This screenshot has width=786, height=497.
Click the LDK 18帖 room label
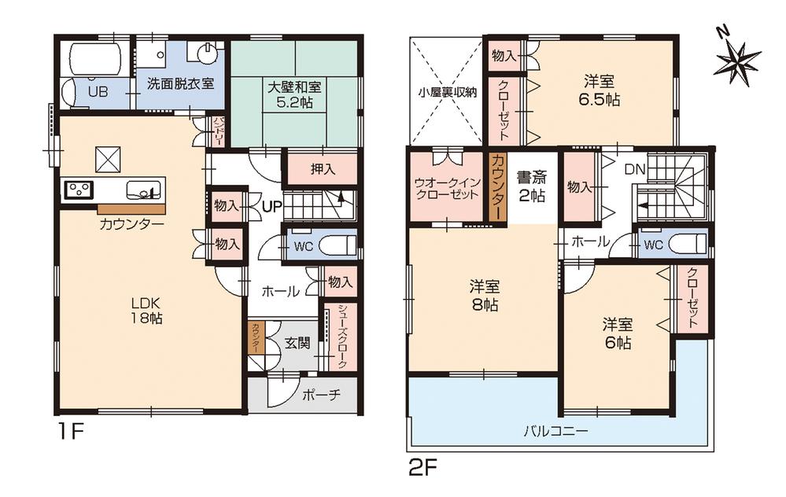click(x=146, y=311)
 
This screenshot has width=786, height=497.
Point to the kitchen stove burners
click(x=79, y=190)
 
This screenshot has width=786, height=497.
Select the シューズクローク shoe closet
click(x=342, y=337)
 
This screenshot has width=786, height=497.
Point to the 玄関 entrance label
click(x=297, y=342)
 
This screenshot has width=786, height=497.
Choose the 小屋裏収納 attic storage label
click(x=446, y=92)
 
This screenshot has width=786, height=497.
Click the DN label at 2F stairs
click(x=634, y=169)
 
